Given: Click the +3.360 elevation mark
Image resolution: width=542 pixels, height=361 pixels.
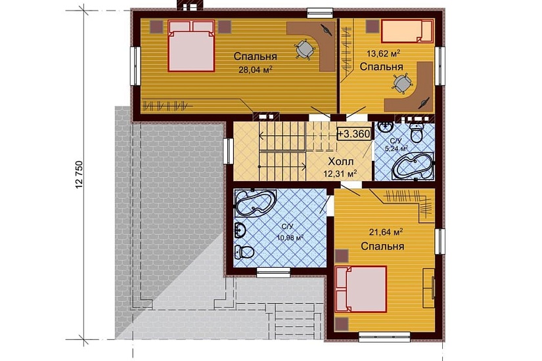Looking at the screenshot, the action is tap(354, 134).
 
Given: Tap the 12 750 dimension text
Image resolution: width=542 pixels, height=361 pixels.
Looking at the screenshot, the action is tap(79, 175).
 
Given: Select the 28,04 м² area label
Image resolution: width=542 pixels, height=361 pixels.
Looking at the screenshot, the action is tap(255, 70).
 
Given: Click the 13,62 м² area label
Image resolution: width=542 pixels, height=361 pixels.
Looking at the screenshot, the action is tap(383, 54).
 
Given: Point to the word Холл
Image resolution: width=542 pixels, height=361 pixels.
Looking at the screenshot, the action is tap(341, 161).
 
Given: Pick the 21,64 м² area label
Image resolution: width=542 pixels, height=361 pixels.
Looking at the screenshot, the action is tap(386, 232).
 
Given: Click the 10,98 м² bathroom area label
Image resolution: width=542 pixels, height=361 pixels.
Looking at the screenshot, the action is tap(290, 238).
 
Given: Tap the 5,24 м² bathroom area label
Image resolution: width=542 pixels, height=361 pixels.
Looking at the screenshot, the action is tap(396, 148).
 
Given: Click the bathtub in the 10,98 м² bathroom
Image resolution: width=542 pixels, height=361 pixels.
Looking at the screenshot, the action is tap(255, 203).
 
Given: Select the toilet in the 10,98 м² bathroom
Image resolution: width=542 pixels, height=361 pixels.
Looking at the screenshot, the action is tap(245, 252).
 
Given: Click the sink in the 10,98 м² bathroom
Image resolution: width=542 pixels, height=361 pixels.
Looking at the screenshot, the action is tap(240, 229).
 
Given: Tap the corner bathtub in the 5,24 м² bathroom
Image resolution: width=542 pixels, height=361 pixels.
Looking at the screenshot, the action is tap(413, 166).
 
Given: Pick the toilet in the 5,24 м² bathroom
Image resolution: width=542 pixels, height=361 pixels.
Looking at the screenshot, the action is tap(417, 132).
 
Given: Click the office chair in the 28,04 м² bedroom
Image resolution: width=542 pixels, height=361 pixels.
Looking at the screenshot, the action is tap(305, 49).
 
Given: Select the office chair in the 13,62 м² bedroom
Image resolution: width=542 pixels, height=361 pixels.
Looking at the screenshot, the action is tap(402, 83).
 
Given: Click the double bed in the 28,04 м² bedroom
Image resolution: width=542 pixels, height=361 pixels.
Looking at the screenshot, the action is tap(191, 45).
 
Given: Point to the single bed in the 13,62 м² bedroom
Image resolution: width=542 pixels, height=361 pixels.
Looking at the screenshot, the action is tap(407, 31).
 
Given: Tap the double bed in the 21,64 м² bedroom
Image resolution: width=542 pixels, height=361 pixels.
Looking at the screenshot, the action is tap(361, 289).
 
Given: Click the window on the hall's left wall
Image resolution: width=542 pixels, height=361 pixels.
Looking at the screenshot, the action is tap(228, 151).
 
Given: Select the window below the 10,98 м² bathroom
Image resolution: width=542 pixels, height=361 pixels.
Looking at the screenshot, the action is tap(273, 272).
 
